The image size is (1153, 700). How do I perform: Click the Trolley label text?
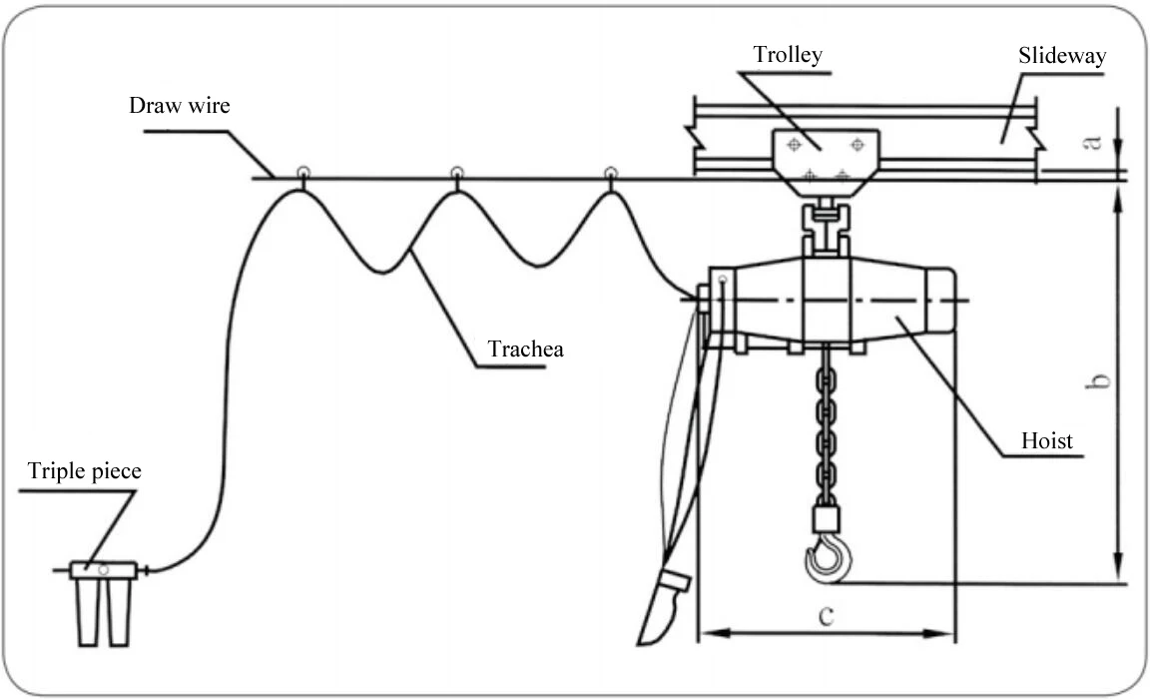(789, 54)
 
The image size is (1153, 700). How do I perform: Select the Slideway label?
(1061, 55)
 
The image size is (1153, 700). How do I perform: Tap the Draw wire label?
(179, 105)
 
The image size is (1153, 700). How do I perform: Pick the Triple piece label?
(85, 471)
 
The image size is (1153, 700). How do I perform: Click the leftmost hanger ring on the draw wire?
(301, 173)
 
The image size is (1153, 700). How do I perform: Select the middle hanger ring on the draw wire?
(456, 173)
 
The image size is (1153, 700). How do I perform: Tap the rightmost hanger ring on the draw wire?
(611, 173)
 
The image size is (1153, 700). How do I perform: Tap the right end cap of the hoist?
(941, 300)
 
